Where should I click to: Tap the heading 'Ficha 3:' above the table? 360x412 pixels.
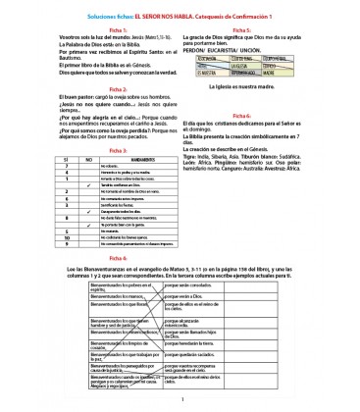point(92,149)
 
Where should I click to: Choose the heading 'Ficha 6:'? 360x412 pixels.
point(180,256)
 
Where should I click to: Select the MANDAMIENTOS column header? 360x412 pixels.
point(115,158)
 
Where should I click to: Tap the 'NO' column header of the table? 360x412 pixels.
point(61,158)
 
